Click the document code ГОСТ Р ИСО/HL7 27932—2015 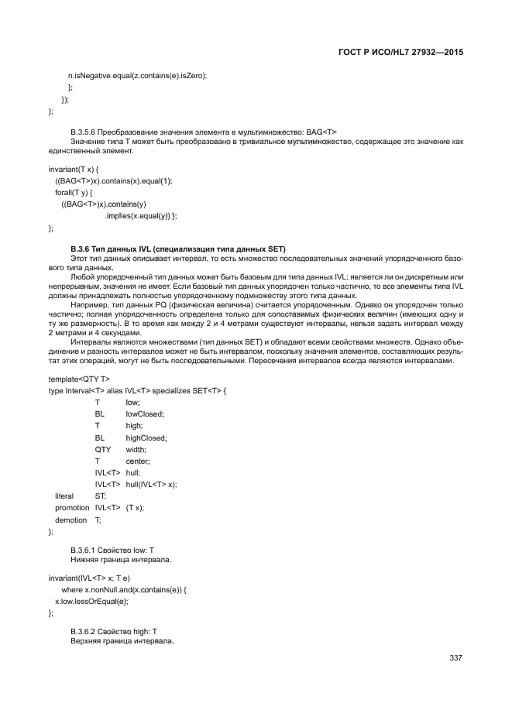[x=405, y=53]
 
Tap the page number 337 [x=455, y=658]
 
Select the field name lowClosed [x=145, y=414]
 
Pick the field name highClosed [x=146, y=437]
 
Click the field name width [x=136, y=449]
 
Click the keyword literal [x=64, y=496]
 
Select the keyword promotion [x=72, y=507]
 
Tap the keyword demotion [x=70, y=520]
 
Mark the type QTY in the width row [x=103, y=449]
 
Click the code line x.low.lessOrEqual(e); [x=91, y=600]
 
